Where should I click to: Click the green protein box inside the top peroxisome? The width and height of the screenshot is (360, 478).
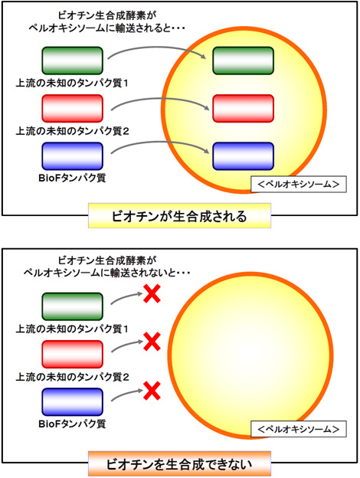pos(243,61)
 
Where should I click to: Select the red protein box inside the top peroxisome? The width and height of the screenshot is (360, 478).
pos(243,108)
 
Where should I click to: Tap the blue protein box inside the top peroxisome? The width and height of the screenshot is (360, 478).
pos(243,156)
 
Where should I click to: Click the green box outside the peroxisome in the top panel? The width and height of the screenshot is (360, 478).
pos(72,61)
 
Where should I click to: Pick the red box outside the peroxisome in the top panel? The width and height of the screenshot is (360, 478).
pos(72,108)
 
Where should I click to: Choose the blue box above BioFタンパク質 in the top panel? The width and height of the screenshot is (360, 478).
pos(72,156)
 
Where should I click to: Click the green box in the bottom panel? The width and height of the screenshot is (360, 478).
pos(72,306)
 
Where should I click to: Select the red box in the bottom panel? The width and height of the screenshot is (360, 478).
pos(72,354)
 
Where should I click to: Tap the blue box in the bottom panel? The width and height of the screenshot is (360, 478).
pos(72,402)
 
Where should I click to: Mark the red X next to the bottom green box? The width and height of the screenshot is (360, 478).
pos(152,294)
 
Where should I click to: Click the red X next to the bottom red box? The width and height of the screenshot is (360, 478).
pos(152,342)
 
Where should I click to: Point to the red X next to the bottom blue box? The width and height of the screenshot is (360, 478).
pos(152,391)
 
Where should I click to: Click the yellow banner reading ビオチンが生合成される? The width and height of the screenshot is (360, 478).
pos(179,216)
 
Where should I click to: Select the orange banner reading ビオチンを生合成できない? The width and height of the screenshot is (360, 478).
pos(179,463)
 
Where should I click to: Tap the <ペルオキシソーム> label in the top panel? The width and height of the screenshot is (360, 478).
pos(299,184)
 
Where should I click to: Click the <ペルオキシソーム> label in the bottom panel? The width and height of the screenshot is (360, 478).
pos(299,429)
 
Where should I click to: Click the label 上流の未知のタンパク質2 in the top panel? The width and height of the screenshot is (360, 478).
pos(72,131)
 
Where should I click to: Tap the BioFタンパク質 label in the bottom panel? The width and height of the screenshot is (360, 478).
pos(72,424)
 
